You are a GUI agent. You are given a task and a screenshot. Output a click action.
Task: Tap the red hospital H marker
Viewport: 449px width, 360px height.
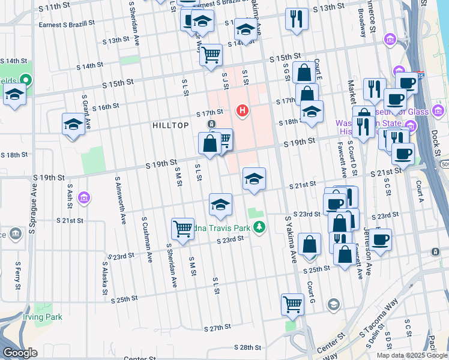pos(243,110)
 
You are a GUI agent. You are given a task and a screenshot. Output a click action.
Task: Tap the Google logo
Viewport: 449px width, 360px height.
pos(20,353)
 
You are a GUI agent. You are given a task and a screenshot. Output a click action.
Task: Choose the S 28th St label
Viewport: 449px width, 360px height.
pos(247,347)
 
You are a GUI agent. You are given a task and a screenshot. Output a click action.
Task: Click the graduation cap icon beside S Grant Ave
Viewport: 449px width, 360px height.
pos(73,124)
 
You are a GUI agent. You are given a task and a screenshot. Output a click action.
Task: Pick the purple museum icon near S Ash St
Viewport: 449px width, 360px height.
pos(83,197)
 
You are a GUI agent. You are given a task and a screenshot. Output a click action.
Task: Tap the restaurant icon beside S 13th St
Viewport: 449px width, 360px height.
pos(297,18)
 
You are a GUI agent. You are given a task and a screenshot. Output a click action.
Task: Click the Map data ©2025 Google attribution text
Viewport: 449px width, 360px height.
pos(412,355)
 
